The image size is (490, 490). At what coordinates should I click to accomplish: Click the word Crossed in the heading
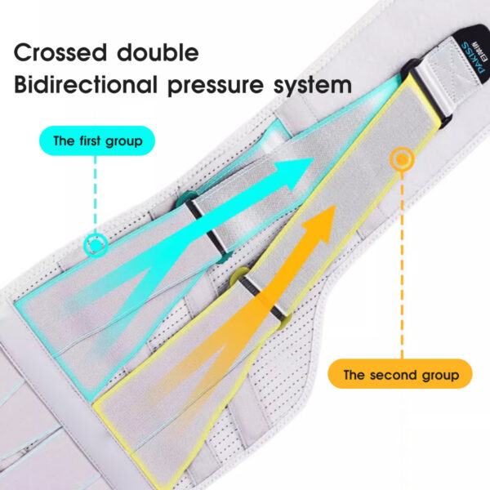point(61,53)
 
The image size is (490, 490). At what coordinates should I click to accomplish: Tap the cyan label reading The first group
point(96,141)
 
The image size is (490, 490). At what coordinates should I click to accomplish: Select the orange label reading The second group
point(400,376)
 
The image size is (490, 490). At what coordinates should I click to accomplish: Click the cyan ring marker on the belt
point(96,243)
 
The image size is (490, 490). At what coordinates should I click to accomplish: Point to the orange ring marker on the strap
point(400,159)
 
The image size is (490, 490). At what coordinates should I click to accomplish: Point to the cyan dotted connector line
point(96,196)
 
